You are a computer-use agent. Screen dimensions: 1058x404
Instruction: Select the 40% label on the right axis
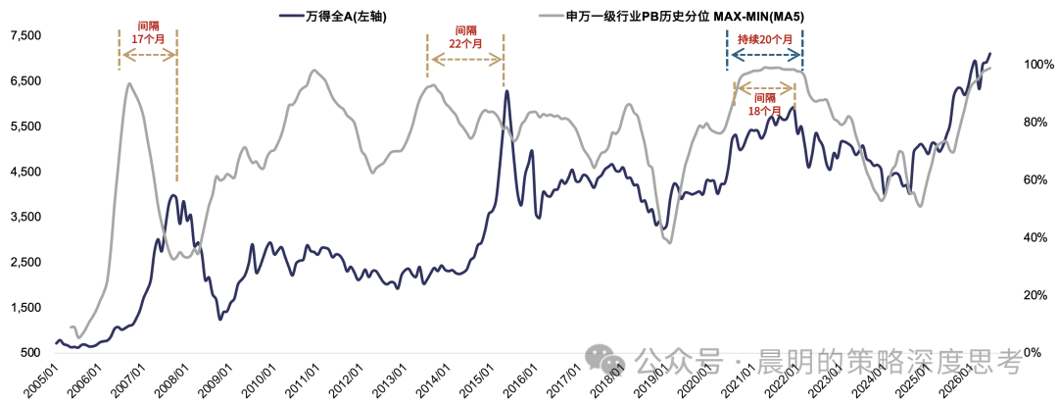tap(1033, 238)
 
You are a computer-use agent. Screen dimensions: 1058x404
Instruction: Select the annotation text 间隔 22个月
tap(465, 37)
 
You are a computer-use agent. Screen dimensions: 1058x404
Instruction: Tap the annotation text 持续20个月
tap(765, 39)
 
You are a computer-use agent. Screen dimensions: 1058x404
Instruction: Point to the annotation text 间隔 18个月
tap(764, 103)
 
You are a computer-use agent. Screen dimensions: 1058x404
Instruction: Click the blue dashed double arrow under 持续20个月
tap(764, 55)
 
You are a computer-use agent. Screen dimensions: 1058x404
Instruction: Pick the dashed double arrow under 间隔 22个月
tap(465, 60)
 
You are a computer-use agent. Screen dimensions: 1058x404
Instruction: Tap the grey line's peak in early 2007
tap(129, 83)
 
